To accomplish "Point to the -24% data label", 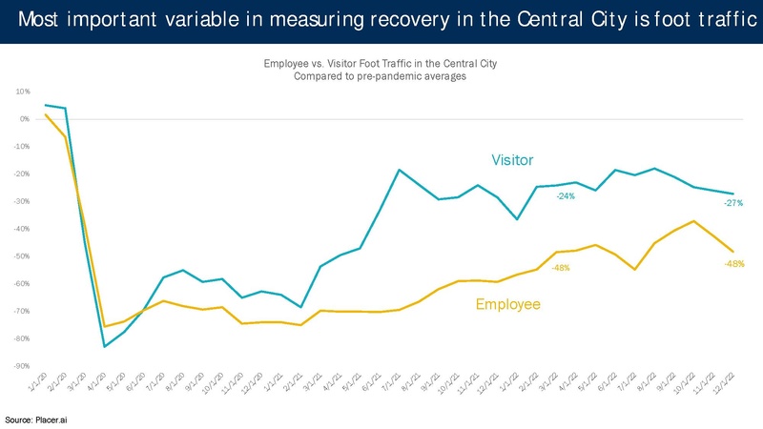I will [565, 196].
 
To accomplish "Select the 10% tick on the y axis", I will [23, 92].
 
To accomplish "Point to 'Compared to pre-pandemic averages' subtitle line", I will [381, 76].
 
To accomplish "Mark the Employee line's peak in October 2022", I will [693, 221].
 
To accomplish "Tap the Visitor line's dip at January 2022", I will [516, 219].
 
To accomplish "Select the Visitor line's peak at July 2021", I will [399, 170].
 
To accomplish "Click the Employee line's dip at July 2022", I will [634, 270].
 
